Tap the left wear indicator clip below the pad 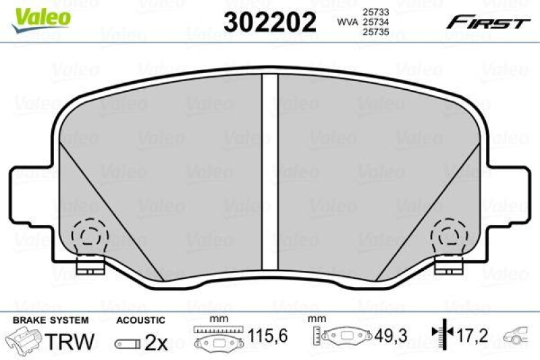[x=88, y=267]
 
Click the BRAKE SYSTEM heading [x=43, y=319]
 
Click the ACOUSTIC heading [x=140, y=319]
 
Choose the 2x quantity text [x=157, y=342]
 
